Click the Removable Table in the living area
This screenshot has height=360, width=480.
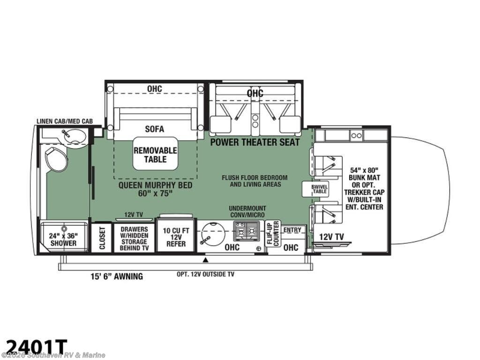pyautogui.click(x=155, y=154)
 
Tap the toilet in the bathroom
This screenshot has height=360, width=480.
pyautogui.click(x=56, y=159)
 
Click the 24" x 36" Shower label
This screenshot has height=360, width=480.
pyautogui.click(x=63, y=240)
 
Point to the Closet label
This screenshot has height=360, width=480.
pyautogui.click(x=102, y=238)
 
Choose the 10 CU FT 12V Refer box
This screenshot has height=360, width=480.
pyautogui.click(x=176, y=236)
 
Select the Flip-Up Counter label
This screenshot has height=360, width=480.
pyautogui.click(x=273, y=233)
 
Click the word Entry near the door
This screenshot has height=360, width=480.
pyautogui.click(x=292, y=230)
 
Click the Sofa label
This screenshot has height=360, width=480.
pyautogui.click(x=154, y=129)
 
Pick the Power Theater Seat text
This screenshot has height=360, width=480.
pyautogui.click(x=255, y=142)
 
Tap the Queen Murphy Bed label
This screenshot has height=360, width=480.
pyautogui.click(x=155, y=189)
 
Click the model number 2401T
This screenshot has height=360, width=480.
pyautogui.click(x=34, y=347)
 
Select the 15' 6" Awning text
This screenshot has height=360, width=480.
pyautogui.click(x=117, y=277)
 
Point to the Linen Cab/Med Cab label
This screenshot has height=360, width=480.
pyautogui.click(x=65, y=121)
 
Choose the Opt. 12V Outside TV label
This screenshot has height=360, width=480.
pyautogui.click(x=205, y=274)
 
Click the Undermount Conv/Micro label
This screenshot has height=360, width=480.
pyautogui.click(x=247, y=211)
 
